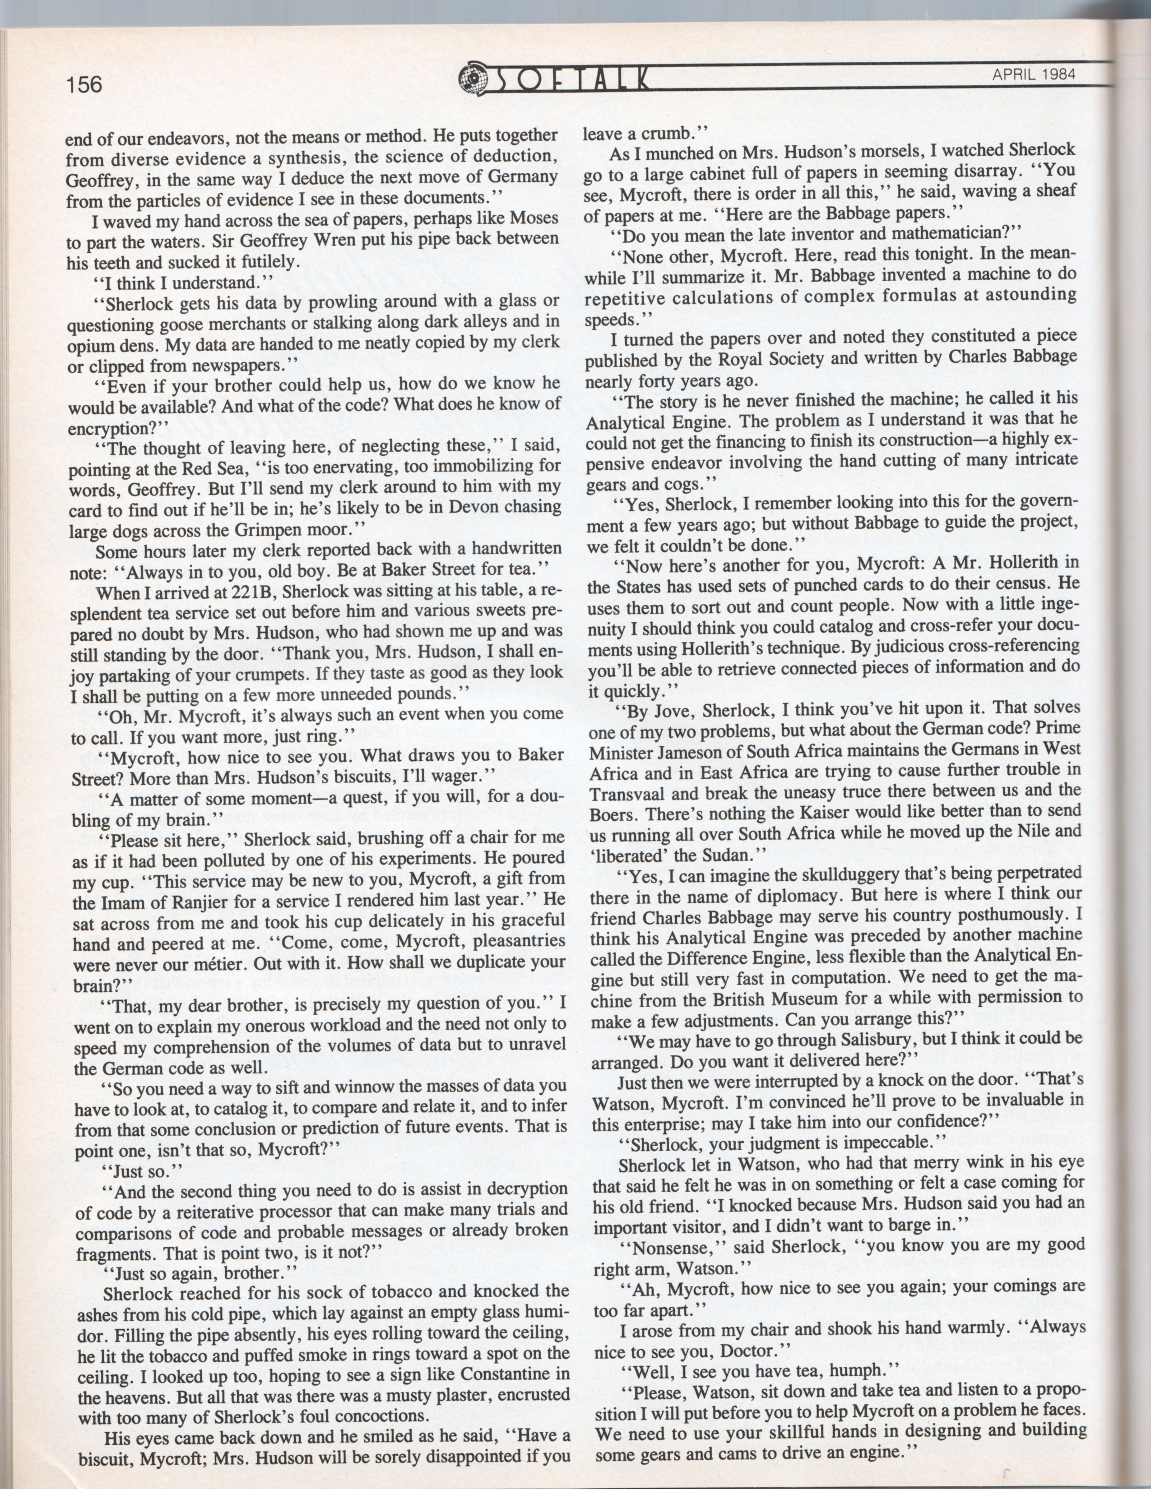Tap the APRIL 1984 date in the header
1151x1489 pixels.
[x=1033, y=74]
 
